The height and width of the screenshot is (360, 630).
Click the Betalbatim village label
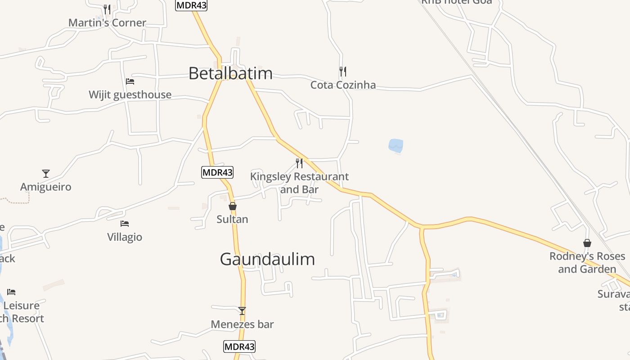tap(230, 73)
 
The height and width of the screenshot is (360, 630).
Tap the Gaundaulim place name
tap(267, 259)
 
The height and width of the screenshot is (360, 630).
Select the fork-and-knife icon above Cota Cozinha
tap(343, 71)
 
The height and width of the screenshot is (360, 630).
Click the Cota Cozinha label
tap(343, 85)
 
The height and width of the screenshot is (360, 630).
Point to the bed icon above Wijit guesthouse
tap(130, 81)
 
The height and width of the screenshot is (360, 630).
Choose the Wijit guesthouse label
tap(130, 94)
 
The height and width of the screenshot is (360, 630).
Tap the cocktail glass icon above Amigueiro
tap(45, 173)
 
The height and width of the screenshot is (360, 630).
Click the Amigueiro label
tap(45, 187)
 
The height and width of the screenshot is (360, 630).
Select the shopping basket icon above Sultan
tap(233, 206)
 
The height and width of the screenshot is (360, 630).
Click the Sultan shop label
tap(232, 219)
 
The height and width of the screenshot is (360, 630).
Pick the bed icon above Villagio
tap(125, 223)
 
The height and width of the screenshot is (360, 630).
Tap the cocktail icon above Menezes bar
tap(242, 310)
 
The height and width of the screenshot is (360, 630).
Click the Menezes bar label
tap(242, 324)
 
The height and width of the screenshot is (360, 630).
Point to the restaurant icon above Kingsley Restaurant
tap(299, 163)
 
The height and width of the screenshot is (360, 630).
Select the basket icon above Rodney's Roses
tap(587, 243)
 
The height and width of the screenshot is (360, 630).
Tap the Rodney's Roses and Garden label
tap(587, 262)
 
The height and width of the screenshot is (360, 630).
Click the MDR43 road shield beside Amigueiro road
tap(217, 172)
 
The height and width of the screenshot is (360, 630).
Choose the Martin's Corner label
tap(107, 22)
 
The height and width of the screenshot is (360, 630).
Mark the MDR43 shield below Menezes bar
tap(239, 346)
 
